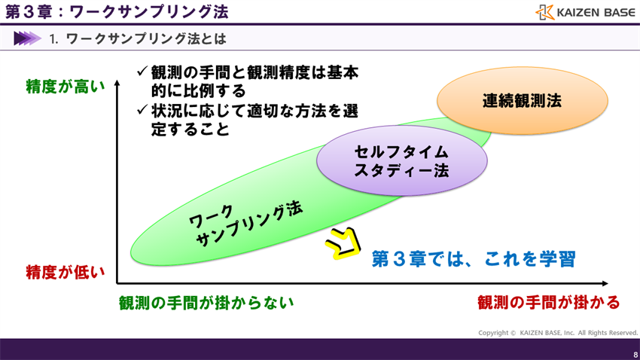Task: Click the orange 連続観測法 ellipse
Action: coord(522,101)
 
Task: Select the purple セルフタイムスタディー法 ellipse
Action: coord(401,161)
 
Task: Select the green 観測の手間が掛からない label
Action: coord(206,303)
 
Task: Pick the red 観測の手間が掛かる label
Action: coord(548,303)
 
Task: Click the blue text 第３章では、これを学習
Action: coord(474,259)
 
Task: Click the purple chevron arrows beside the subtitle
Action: coord(27,38)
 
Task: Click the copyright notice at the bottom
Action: coord(558,333)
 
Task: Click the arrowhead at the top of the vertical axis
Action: coord(117,84)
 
